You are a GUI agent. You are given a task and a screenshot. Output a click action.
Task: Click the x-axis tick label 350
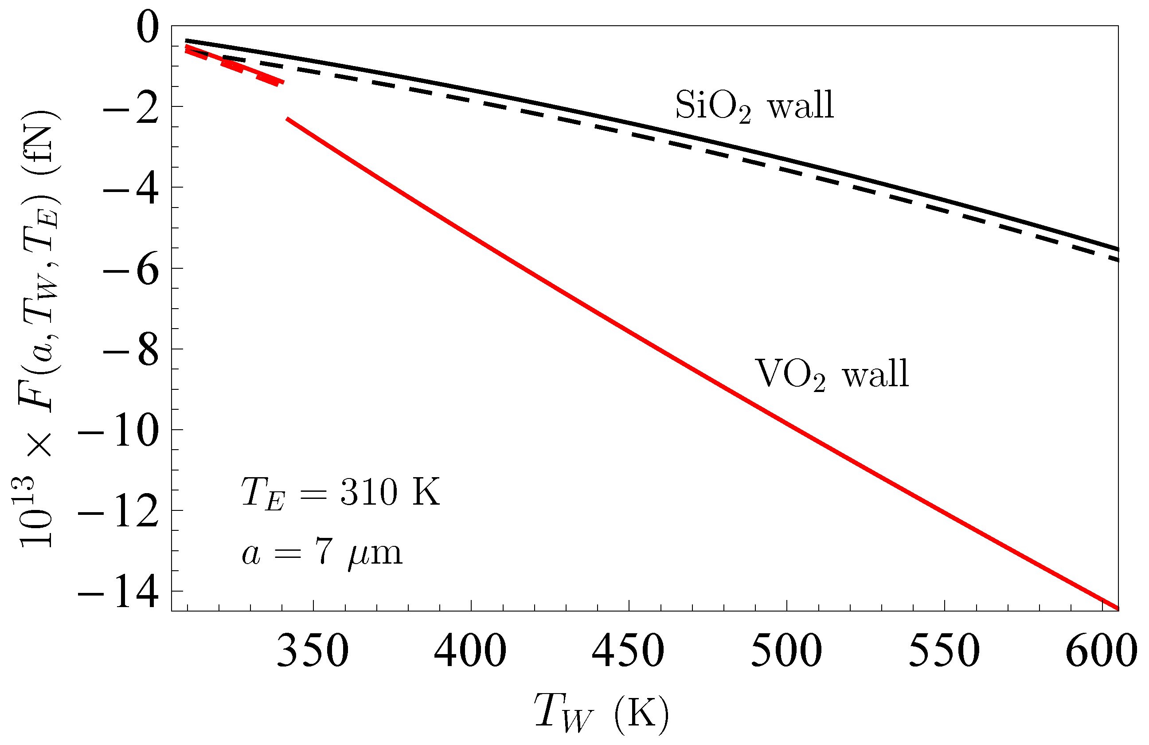[313, 651]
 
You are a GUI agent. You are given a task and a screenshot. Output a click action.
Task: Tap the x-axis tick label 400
[470, 651]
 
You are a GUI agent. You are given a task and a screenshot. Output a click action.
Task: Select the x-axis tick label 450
[628, 651]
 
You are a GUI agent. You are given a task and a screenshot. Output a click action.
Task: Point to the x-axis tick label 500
[786, 651]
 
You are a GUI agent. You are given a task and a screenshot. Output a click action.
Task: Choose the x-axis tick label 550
[944, 651]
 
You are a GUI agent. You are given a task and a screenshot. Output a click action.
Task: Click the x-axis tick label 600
[1101, 651]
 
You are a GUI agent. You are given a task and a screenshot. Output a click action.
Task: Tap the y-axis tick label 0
[147, 28]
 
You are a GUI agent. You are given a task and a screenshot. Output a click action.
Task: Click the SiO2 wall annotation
[754, 106]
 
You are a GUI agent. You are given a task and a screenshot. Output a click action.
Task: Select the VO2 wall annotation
[831, 375]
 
